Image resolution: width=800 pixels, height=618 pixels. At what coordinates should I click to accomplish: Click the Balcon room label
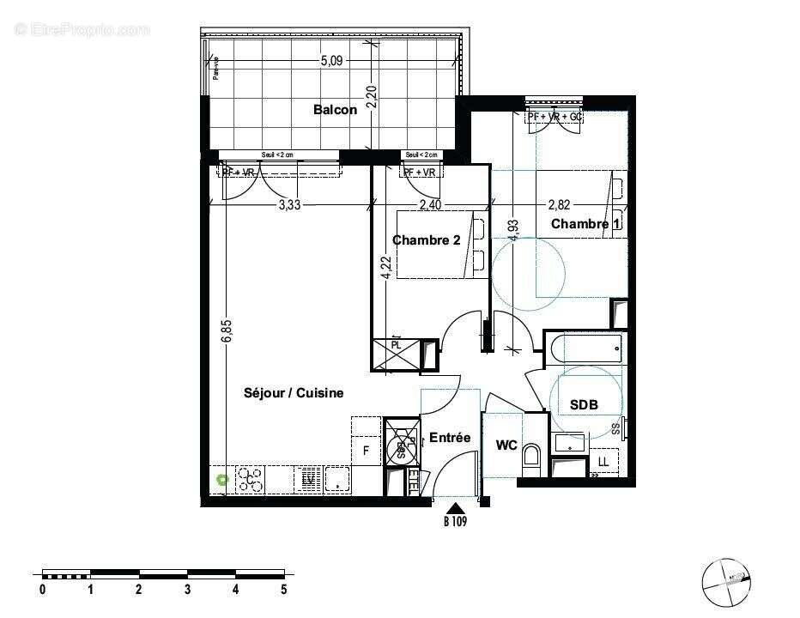point(335,110)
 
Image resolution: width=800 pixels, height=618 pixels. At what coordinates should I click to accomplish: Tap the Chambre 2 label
point(426,240)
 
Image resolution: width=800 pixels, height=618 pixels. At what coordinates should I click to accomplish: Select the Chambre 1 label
point(585,224)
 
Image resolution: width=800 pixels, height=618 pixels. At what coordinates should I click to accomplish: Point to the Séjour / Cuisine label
point(294,393)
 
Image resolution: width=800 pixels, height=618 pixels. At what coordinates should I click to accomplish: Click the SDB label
point(584,405)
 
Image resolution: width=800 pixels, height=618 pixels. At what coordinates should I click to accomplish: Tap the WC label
point(506,445)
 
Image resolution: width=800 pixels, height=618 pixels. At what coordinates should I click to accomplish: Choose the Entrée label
point(450,438)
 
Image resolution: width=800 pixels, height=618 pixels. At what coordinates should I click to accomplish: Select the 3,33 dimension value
point(290,205)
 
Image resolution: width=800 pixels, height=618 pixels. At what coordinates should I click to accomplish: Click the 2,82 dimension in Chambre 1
point(559,205)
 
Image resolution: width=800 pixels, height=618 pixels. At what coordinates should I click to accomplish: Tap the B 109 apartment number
point(456,520)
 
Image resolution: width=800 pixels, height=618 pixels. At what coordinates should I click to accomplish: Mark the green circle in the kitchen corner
point(223,480)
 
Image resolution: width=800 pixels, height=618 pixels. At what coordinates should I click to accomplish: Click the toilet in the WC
point(530,455)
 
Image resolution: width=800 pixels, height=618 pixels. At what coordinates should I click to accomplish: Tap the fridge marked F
point(366,450)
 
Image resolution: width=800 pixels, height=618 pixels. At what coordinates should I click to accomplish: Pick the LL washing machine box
point(603,463)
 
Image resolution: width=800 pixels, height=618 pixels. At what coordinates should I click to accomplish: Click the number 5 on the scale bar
point(283,590)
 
